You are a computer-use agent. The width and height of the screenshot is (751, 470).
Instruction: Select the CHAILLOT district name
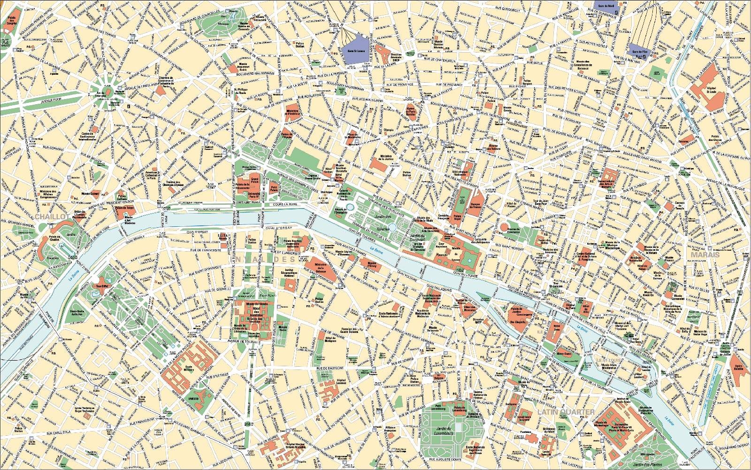(x=52, y=217)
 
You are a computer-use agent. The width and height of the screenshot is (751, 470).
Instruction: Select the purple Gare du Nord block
(x=605, y=6)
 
